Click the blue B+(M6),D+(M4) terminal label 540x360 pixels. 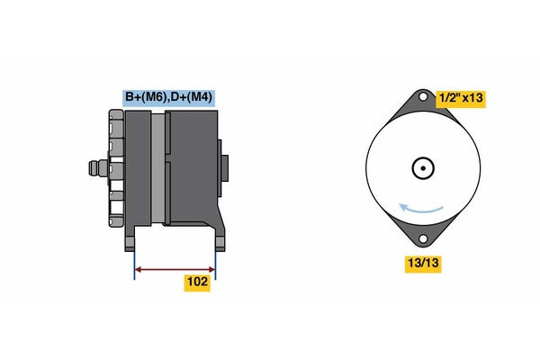(x=169, y=98)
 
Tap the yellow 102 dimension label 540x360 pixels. (x=197, y=283)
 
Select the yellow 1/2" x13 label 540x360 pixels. (x=461, y=99)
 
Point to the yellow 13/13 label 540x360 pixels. (x=423, y=264)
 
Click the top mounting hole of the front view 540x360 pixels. (x=423, y=97)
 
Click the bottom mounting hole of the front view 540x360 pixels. (x=423, y=238)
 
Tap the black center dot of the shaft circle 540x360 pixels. (x=423, y=168)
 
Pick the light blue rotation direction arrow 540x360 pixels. (x=421, y=209)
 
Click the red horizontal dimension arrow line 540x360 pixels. (x=175, y=269)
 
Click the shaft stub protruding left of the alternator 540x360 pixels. (x=98, y=168)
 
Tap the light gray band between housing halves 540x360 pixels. (x=158, y=168)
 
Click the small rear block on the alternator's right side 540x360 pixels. (x=224, y=168)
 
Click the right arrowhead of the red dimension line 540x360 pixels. (x=211, y=269)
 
